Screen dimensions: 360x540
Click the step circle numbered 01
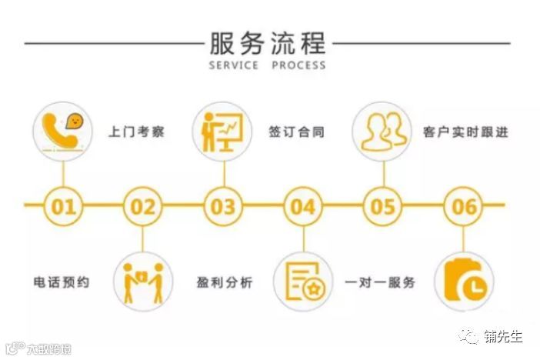[63, 206]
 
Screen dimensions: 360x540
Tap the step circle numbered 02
[143, 206]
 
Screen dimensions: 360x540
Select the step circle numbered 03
[223, 206]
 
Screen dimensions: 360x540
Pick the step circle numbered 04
[303, 206]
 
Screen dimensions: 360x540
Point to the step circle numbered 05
[383, 206]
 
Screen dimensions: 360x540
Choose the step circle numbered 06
[464, 206]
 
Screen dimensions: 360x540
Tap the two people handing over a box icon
[143, 282]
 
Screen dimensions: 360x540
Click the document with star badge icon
[303, 282]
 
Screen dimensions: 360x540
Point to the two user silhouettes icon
[383, 131]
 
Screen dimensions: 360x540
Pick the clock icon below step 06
[464, 282]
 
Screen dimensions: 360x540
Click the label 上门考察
[136, 132]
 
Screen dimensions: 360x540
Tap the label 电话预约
[62, 282]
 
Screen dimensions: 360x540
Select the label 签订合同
[296, 132]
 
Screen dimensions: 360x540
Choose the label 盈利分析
[224, 282]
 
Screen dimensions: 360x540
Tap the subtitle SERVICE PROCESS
[267, 65]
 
